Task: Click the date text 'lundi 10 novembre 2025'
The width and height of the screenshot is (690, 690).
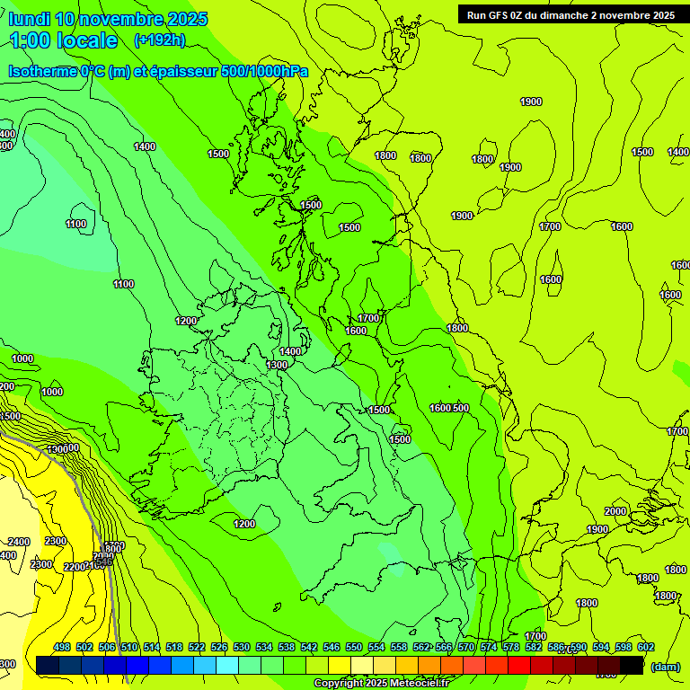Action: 108,19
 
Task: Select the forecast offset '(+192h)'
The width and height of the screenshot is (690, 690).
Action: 159,40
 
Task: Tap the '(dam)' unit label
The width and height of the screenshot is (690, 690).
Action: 666,666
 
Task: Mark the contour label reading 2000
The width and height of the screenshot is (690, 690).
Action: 615,511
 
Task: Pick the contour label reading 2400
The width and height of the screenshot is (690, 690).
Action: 18,542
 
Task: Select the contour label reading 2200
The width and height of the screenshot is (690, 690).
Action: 74,567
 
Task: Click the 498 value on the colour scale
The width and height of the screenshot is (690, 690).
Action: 62,647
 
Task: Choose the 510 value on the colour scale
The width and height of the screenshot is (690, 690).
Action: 129,647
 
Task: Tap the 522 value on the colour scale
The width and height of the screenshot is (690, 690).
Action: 197,647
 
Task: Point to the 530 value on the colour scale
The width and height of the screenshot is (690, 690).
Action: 242,647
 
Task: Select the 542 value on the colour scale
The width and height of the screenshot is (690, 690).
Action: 309,647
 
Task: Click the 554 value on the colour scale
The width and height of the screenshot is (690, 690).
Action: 376,647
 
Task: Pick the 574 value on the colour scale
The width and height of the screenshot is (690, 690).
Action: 489,647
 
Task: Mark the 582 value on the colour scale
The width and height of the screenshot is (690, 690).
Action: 534,647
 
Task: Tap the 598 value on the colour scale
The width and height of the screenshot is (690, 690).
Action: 624,647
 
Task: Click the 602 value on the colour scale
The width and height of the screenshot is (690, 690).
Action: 646,647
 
